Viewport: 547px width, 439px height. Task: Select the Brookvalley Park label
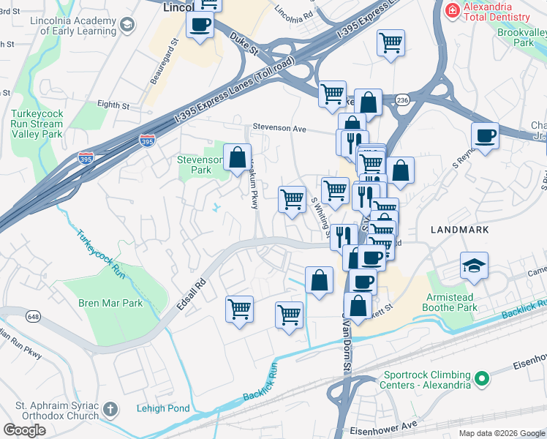pos(524,38)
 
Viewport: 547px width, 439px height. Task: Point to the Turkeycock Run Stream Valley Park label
pos(37,124)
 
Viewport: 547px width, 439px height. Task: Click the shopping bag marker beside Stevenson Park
pos(237,157)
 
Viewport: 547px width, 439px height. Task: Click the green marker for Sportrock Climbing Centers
pos(481,378)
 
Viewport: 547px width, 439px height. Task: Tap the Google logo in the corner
pos(25,429)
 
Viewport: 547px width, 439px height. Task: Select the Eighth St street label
pos(113,105)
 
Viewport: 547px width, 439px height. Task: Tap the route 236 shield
pos(401,99)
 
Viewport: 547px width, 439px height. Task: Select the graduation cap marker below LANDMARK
pos(474,267)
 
